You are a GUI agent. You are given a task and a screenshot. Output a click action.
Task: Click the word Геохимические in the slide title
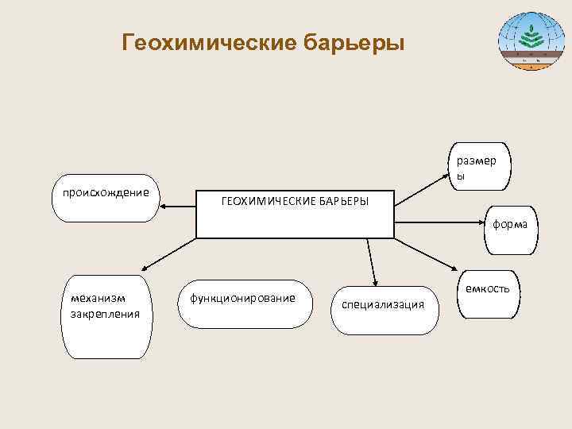tap(209, 41)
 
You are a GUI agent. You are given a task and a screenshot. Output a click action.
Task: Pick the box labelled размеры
tap(479, 167)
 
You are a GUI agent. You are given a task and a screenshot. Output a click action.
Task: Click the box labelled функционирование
tap(242, 303)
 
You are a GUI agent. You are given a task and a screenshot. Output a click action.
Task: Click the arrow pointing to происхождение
tap(178, 207)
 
